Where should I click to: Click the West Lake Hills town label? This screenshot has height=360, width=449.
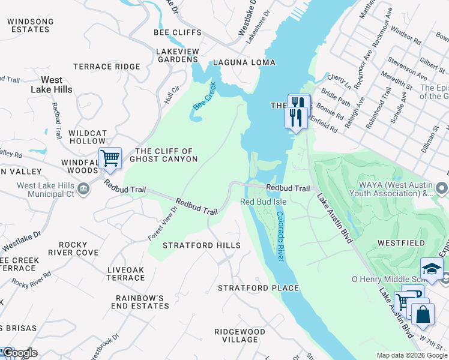coord(56,85)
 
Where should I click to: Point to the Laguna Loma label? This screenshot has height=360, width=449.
coord(244,62)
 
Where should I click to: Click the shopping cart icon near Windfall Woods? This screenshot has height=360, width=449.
coord(110,158)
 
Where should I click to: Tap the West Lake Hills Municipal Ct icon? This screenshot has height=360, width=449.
coord(84,190)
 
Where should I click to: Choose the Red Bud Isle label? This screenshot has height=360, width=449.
coord(263,202)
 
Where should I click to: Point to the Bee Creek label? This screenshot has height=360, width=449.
coord(204,96)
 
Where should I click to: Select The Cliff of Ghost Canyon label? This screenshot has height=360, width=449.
coord(166,155)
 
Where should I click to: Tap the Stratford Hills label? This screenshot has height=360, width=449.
coord(202,245)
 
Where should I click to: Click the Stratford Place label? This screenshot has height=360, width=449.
coord(258,288)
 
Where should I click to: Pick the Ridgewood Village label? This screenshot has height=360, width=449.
coord(240,335)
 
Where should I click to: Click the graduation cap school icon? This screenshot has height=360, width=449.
coord(432,269)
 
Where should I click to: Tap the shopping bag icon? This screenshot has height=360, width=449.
coord(423,314)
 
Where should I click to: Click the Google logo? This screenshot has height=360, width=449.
coord(20,353)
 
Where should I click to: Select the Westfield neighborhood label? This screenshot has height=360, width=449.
coord(401,243)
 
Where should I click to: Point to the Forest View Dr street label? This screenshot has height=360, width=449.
coord(163,224)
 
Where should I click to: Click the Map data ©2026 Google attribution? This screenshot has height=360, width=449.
coord(411,355)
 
